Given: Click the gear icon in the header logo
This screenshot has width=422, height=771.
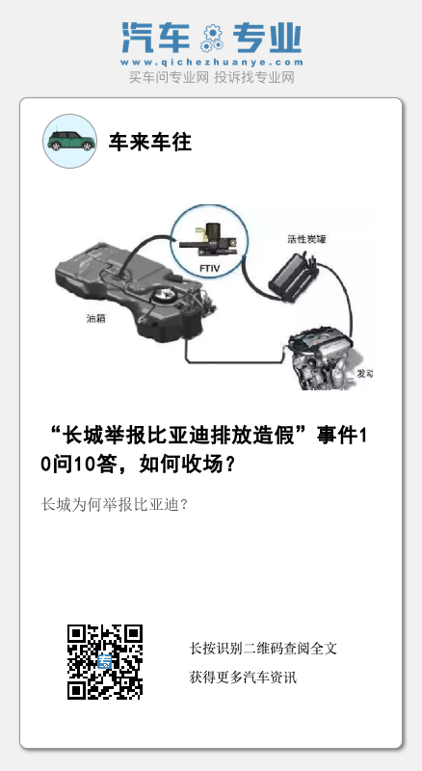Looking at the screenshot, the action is (212, 39).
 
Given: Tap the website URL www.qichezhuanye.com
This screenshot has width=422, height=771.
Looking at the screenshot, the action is (212, 63).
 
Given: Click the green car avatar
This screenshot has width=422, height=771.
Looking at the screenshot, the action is (69, 141).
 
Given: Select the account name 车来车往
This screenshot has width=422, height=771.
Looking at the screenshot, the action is (149, 142).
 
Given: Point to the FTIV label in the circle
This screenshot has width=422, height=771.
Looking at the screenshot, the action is (209, 269).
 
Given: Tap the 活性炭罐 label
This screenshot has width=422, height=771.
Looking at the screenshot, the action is (306, 239).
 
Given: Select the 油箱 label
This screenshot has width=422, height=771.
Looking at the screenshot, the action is (96, 319).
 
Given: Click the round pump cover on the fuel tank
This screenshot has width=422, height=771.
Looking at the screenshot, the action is (165, 296).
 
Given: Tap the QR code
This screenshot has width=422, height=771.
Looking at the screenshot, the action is (105, 662).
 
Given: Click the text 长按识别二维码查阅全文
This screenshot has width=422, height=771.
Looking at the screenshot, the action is (263, 648).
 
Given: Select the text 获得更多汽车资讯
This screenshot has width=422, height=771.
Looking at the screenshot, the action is (243, 678).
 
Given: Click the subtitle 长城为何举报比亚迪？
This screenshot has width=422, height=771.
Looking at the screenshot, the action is (115, 505).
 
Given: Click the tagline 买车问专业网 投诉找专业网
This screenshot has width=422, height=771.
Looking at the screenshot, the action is (212, 77).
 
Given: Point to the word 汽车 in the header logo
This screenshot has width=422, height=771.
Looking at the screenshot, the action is (156, 38).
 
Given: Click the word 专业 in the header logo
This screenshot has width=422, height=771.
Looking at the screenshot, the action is (267, 38).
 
